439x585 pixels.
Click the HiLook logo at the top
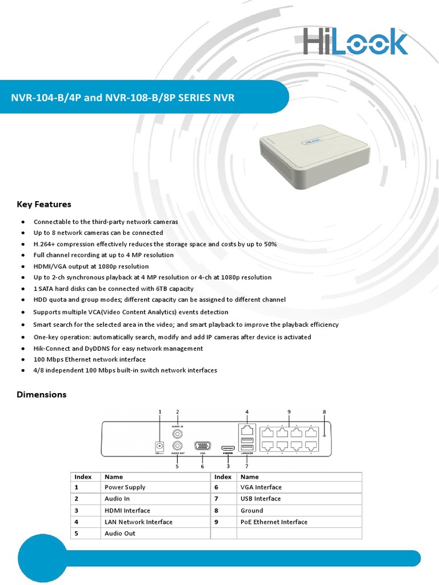355,41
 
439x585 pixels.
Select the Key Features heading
44,204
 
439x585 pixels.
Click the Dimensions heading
42,394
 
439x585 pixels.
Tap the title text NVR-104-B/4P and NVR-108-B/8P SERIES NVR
123,98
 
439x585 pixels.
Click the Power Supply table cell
125,487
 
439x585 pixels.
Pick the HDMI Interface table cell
127,510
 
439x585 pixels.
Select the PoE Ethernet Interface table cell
274,522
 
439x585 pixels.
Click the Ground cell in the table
252,510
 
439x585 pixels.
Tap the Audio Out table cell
120,533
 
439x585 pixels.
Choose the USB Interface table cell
261,499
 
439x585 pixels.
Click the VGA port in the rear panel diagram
202,446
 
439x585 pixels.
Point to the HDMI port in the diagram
228,447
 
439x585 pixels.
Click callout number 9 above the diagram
289,411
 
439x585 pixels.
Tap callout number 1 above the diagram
159,411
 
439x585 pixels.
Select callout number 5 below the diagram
177,466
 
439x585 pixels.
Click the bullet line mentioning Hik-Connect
118,348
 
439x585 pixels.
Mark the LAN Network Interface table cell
138,522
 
